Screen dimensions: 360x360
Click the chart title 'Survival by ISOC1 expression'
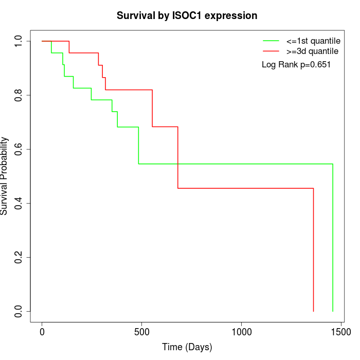click(x=187, y=15)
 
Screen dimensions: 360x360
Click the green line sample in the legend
click(x=271, y=41)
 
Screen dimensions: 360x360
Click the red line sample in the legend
click(x=271, y=51)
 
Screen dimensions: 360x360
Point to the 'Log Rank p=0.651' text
click(x=296, y=65)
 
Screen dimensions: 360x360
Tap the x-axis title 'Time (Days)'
click(x=187, y=347)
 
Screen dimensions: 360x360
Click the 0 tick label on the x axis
click(x=42, y=333)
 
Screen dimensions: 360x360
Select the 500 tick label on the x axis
click(x=141, y=333)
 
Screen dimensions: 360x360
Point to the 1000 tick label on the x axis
click(x=241, y=333)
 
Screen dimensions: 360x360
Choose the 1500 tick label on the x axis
click(x=340, y=333)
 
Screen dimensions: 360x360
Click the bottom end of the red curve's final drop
click(x=313, y=311)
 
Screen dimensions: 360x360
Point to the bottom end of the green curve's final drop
click(x=333, y=311)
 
